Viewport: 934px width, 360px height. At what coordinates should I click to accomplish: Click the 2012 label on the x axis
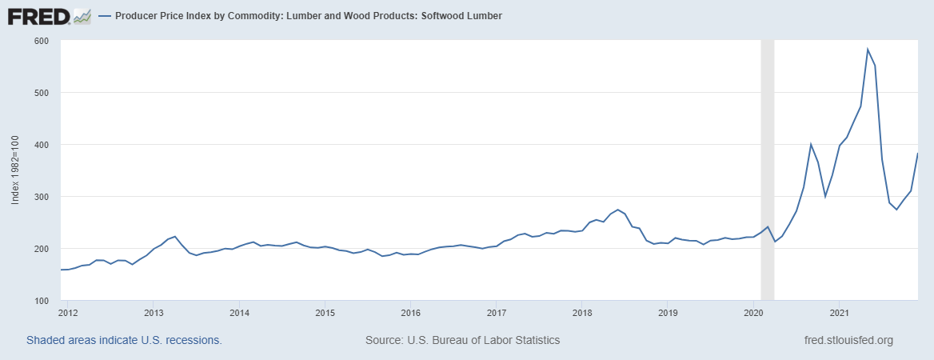[x=68, y=312]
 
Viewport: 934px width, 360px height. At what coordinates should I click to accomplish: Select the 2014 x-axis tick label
[x=239, y=312]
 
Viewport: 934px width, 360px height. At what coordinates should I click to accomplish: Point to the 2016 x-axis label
[x=410, y=312]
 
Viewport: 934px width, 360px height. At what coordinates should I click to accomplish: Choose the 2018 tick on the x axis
[x=582, y=312]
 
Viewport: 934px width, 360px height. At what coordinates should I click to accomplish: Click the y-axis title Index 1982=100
[x=15, y=170]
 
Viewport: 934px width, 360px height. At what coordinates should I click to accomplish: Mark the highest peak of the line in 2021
[x=868, y=50]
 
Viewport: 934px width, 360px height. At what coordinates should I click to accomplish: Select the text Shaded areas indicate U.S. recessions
[x=124, y=340]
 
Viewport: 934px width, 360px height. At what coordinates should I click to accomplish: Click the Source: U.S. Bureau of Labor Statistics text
[x=462, y=340]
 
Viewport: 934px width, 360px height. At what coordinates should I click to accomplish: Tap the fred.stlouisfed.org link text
[x=848, y=340]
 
